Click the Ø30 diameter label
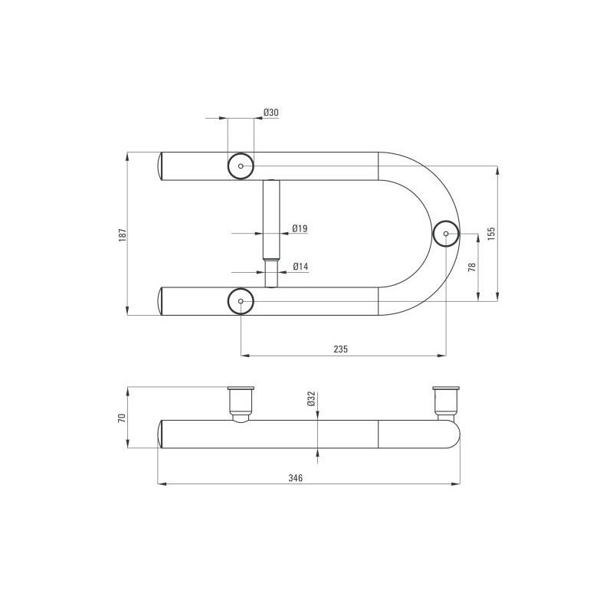[x=271, y=113]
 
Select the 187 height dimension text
[x=123, y=235]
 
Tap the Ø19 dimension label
[x=300, y=228]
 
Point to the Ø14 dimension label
[x=300, y=267]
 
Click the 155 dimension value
[x=491, y=234]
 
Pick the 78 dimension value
[x=472, y=267]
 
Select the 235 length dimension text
[x=340, y=349]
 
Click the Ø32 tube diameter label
[x=312, y=398]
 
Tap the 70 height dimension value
[x=123, y=418]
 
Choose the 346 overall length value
[x=296, y=477]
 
